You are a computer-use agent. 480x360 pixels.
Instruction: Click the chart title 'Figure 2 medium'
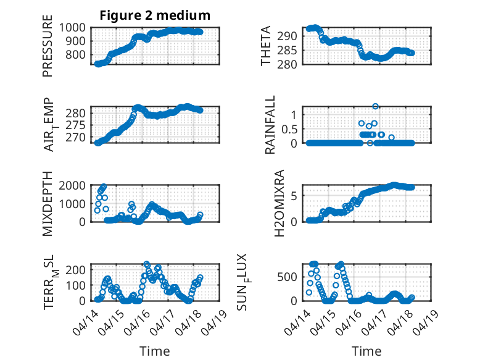(155, 15)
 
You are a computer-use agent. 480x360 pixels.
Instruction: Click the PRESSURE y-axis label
(48, 50)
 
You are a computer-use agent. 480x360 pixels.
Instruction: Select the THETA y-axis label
(266, 46)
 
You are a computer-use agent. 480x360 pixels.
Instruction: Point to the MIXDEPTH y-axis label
(48, 204)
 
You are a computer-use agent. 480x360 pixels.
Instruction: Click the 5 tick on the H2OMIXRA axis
(296, 196)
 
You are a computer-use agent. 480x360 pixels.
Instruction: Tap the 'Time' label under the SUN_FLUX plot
(366, 351)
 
